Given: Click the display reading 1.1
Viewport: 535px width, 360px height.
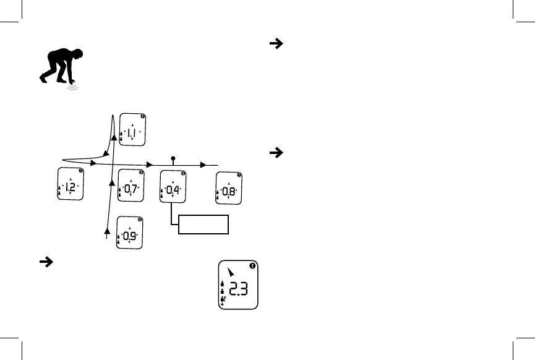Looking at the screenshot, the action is [132, 130].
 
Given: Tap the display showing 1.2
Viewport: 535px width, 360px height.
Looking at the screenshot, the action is [70, 184].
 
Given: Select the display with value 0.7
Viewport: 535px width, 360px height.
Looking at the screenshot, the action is [131, 186].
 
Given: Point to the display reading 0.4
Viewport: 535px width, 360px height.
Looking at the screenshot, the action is [173, 186].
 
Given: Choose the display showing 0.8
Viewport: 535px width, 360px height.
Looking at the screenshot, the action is [228, 187].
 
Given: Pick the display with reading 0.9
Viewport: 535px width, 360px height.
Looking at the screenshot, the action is [129, 233].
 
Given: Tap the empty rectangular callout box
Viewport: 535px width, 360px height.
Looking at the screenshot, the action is [203, 225].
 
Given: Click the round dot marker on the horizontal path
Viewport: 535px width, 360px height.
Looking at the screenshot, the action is [173, 158].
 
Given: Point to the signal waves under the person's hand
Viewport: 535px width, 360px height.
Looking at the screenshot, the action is [73, 88].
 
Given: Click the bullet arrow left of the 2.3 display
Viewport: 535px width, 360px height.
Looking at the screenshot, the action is [45, 262].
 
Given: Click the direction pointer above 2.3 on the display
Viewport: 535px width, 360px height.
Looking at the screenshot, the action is [231, 271].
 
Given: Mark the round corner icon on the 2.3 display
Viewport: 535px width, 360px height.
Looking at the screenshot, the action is [252, 266].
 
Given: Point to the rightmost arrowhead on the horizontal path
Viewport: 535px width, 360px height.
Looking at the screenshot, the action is [203, 165].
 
